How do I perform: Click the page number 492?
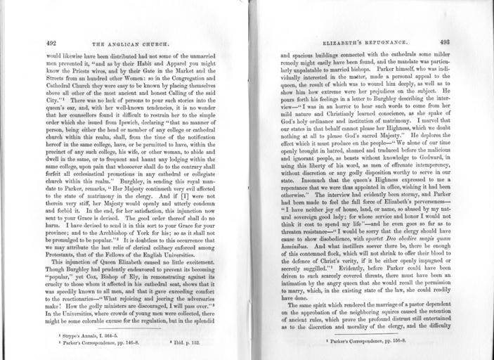point(51,41)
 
